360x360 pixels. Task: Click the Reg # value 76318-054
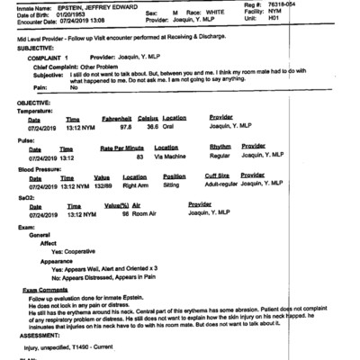tap(328, 6)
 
